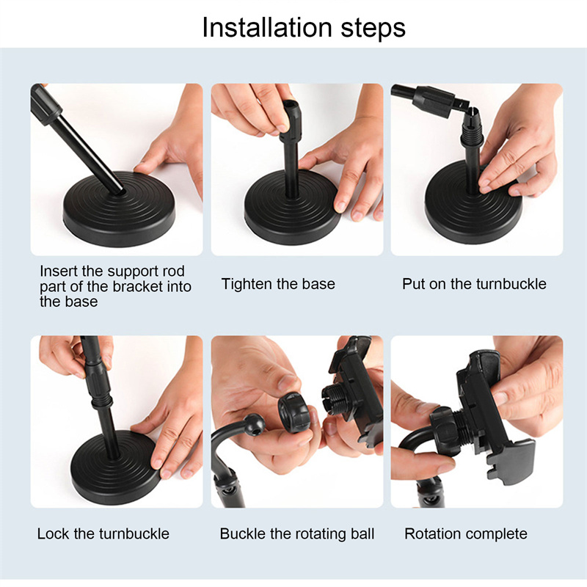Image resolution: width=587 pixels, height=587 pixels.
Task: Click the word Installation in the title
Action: coord(267,27)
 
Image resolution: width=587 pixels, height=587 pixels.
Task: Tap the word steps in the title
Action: coord(373,29)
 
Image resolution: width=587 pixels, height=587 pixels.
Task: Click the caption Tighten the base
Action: coord(278,284)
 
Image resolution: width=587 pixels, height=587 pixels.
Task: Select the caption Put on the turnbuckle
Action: coord(474,284)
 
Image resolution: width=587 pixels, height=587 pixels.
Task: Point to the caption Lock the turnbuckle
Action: coord(103,533)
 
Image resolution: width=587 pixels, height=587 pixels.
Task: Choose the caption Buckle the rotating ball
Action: coord(297,534)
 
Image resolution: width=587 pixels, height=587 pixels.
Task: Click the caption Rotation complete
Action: coord(466,534)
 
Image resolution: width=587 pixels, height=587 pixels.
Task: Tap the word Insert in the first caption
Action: coord(59,271)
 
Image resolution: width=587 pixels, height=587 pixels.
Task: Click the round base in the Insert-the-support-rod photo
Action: coord(119,210)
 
